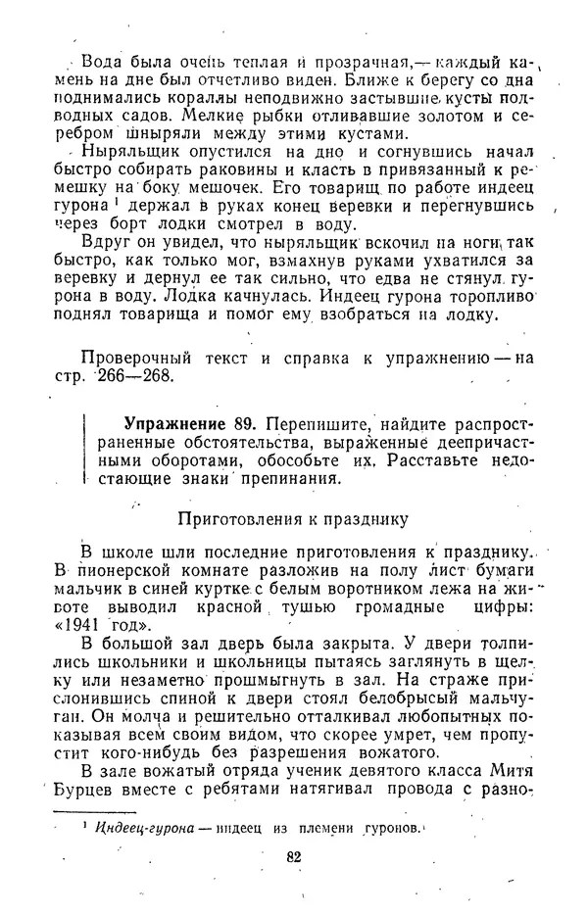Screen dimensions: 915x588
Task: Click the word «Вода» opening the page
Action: (x=102, y=61)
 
